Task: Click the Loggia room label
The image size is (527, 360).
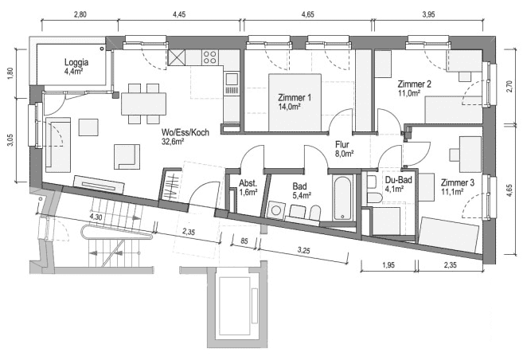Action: click(x=76, y=61)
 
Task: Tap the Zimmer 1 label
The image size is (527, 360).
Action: click(x=294, y=97)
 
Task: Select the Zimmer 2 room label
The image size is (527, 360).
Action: click(x=414, y=84)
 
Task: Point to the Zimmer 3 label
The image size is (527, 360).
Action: click(x=457, y=182)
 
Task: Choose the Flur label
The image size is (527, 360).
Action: click(x=343, y=144)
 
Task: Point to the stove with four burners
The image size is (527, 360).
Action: click(x=211, y=57)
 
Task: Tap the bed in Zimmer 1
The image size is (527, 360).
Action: click(x=295, y=103)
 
